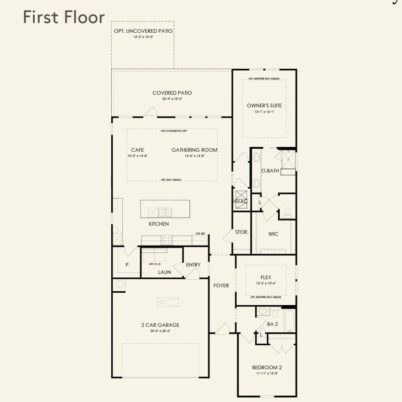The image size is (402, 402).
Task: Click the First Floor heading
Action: point(64,17)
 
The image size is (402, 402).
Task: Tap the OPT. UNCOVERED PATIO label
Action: point(143,31)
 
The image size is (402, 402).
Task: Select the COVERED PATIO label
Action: point(172,93)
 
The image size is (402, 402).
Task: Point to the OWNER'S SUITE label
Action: point(264,105)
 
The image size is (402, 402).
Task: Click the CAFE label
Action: point(137,150)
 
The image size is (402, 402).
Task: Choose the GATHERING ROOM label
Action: point(195,150)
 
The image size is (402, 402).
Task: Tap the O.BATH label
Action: point(270,171)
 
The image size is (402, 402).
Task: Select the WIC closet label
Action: point(273,234)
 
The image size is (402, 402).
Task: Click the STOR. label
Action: point(242,232)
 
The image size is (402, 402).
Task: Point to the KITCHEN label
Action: point(158,224)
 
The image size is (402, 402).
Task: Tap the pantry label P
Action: point(127,265)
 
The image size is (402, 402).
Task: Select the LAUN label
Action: point(165,272)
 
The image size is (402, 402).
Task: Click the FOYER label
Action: point(221,285)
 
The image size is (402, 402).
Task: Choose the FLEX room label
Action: point(266,277)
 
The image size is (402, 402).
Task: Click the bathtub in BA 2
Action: point(289,321)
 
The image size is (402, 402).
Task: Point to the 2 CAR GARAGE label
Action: point(160,325)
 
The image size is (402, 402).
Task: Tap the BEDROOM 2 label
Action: point(267,367)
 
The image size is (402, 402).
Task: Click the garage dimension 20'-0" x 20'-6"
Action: point(160,331)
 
